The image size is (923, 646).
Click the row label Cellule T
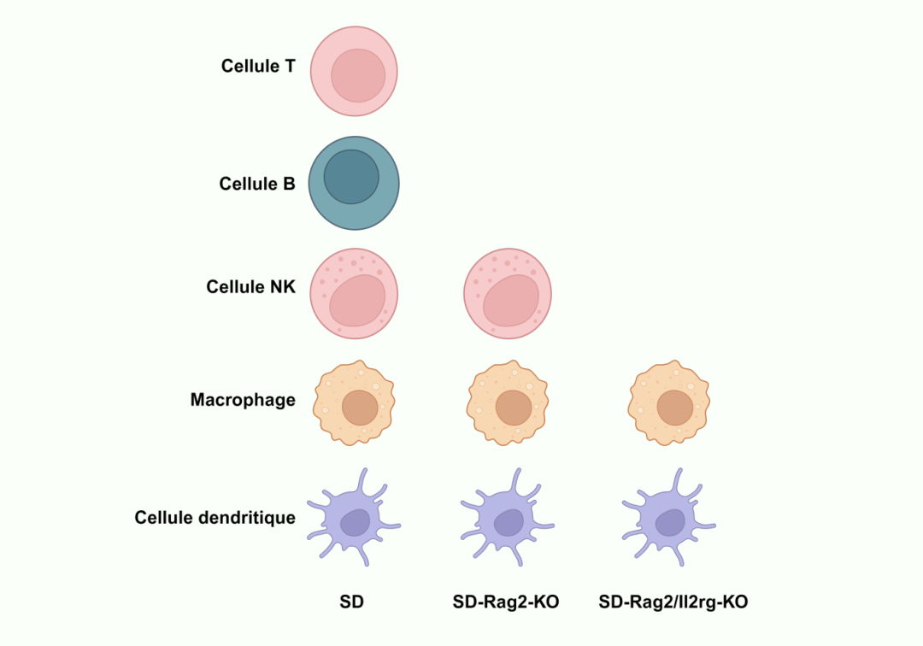pos(258,66)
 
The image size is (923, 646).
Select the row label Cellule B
pos(257,183)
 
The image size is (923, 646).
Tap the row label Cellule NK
pos(250,287)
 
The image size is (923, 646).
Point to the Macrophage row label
pos(243,400)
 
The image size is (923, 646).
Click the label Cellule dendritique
pos(215,518)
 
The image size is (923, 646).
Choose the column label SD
pos(351,602)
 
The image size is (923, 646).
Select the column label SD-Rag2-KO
pos(506,602)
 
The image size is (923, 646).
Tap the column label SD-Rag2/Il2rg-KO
pos(673,602)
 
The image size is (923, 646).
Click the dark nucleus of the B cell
pos(351,176)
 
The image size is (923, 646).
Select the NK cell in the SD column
pos(354,294)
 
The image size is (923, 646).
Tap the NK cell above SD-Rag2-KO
pos(508,294)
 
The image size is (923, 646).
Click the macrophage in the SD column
pos(354,402)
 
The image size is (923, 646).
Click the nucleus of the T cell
pos(358,75)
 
